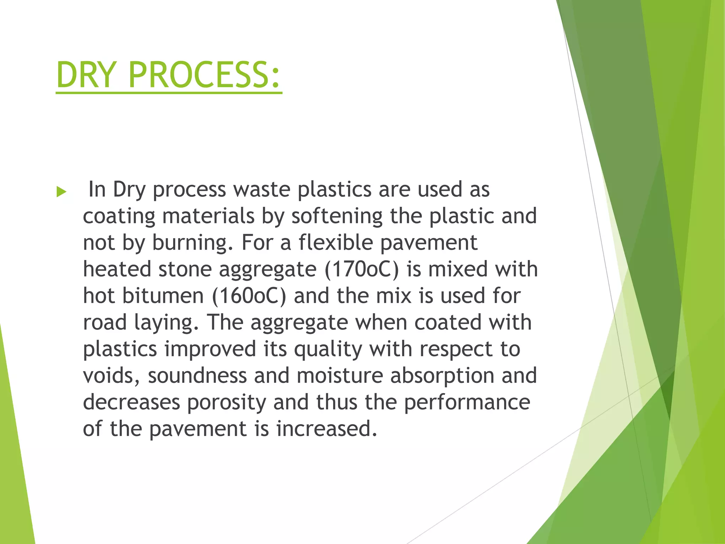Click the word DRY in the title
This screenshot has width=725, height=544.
[x=86, y=75]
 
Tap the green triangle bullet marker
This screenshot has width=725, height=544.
[x=61, y=192]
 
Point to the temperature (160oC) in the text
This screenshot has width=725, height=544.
[x=249, y=296]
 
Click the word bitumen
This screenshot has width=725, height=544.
[x=163, y=296]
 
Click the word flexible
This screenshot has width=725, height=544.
[x=336, y=243]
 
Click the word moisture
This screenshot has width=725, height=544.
[x=340, y=376]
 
